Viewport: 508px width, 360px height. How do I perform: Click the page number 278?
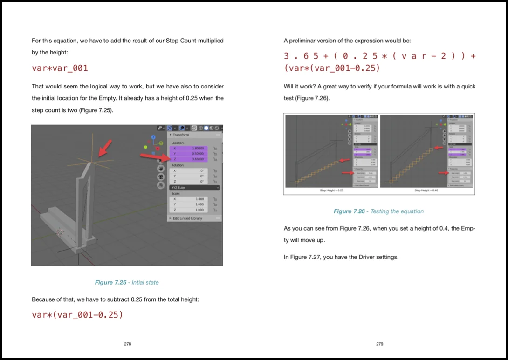(x=127, y=344)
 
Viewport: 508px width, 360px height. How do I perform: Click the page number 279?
(x=379, y=344)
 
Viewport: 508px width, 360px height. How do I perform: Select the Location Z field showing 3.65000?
(x=191, y=159)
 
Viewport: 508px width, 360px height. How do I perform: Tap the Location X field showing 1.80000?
(x=191, y=148)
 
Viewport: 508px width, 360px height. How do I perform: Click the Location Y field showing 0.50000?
(x=191, y=153)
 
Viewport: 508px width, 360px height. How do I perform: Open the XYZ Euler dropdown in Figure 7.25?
(x=193, y=187)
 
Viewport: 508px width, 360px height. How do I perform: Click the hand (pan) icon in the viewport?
(x=161, y=168)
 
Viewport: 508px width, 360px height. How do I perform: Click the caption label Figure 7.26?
(x=349, y=211)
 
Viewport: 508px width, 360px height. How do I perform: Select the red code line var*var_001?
(x=60, y=68)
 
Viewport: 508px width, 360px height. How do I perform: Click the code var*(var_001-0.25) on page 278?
(x=77, y=314)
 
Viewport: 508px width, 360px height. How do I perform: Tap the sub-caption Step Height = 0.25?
(x=331, y=190)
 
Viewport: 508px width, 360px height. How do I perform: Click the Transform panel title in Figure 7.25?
(x=181, y=135)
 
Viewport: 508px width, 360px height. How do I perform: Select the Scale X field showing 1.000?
(x=191, y=199)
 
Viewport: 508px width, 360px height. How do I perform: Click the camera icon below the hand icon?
(x=161, y=177)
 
